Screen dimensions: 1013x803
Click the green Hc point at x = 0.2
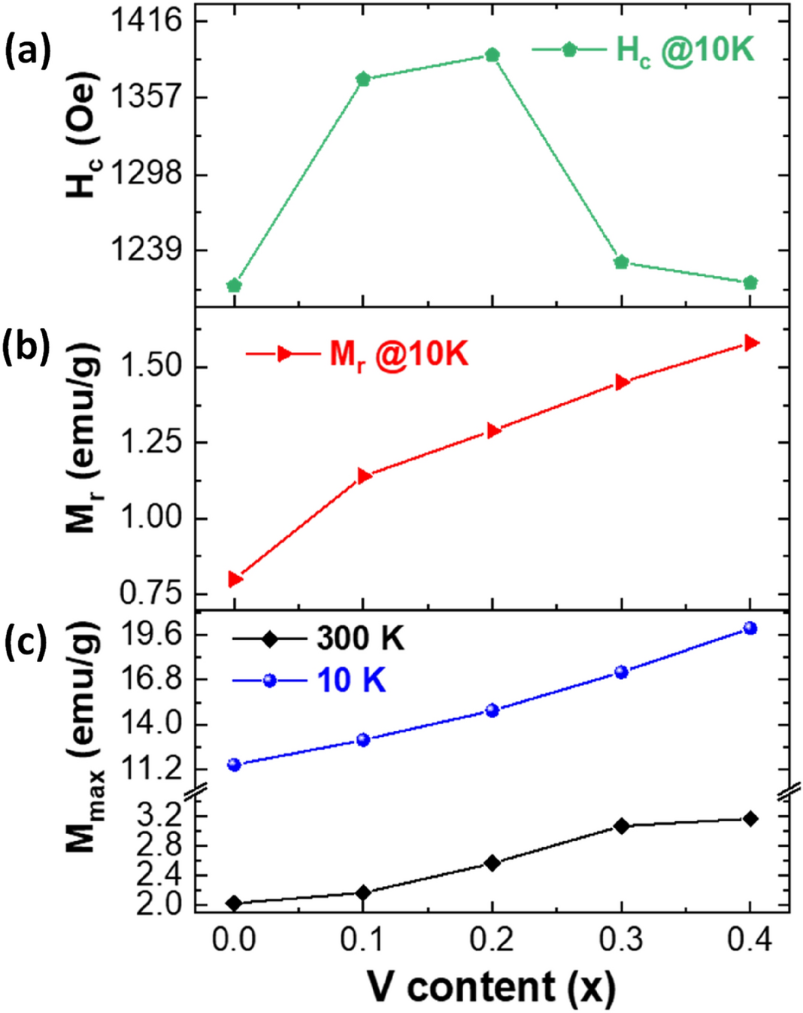pyautogui.click(x=492, y=55)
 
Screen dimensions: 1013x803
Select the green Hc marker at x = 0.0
pyautogui.click(x=234, y=285)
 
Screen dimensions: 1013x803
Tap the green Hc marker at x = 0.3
pyautogui.click(x=621, y=262)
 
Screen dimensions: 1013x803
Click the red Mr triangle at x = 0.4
pyautogui.click(x=750, y=343)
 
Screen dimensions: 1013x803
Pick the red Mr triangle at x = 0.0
pyautogui.click(x=235, y=579)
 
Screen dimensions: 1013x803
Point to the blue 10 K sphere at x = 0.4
pyautogui.click(x=750, y=628)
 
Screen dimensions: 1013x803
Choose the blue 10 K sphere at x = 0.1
pyautogui.click(x=363, y=740)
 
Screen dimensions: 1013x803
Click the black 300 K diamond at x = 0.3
pyautogui.click(x=621, y=826)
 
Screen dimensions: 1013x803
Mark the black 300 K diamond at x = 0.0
pyautogui.click(x=234, y=903)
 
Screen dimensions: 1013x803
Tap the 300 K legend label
pyautogui.click(x=360, y=639)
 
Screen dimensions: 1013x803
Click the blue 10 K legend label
pyautogui.click(x=351, y=681)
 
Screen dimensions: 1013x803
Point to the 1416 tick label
pyautogui.click(x=147, y=20)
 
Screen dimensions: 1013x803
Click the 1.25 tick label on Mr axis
pyautogui.click(x=152, y=442)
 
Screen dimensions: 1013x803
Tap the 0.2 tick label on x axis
pyautogui.click(x=492, y=940)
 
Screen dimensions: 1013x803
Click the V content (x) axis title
pyautogui.click(x=491, y=987)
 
